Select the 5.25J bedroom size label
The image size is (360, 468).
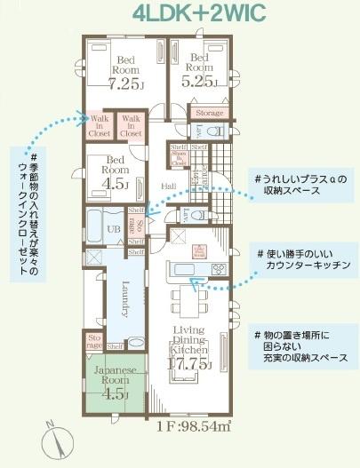click(x=199, y=80)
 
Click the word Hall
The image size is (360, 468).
click(x=169, y=185)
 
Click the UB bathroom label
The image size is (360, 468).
click(x=114, y=228)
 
